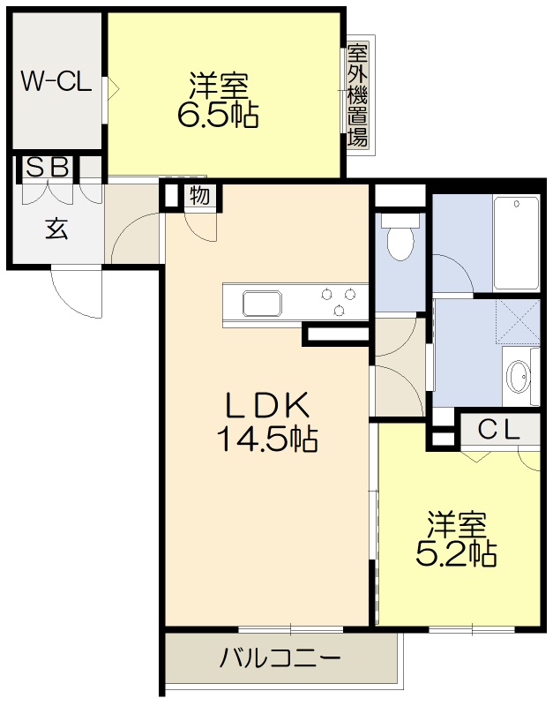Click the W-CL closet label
tap(56, 82)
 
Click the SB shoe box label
tap(47, 167)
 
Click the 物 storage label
tap(200, 195)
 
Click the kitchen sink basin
tap(262, 304)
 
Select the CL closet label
tap(497, 430)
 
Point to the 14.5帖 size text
tap(267, 439)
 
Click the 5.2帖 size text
tap(455, 553)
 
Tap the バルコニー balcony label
tap(280, 658)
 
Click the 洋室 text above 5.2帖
tap(457, 525)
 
